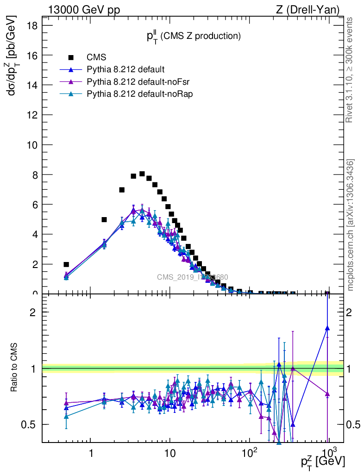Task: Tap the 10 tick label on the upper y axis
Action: pyautogui.click(x=32, y=145)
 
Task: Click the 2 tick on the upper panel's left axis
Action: pyautogui.click(x=35, y=264)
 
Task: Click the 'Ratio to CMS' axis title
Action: pyautogui.click(x=14, y=368)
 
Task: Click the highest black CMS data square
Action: pyautogui.click(x=142, y=174)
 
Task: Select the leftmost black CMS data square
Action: pyautogui.click(x=66, y=264)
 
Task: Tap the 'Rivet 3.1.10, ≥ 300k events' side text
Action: pyautogui.click(x=350, y=70)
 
